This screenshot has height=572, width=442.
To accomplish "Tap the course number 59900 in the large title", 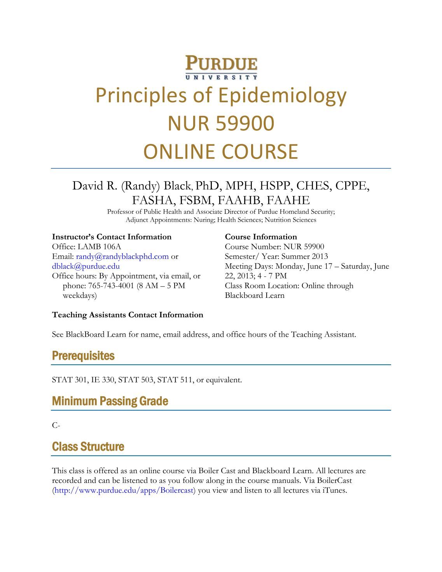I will [245, 123].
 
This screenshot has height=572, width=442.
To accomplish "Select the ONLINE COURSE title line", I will [221, 151].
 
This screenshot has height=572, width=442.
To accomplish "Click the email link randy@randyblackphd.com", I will [122, 256].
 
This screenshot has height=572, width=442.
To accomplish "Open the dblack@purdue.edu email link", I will [86, 266].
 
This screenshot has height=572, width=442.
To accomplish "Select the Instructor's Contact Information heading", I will [112, 237].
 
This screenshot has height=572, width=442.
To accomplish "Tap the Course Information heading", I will [261, 237].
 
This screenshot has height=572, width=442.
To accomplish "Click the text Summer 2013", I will [304, 256].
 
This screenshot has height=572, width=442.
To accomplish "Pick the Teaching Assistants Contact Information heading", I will [128, 315].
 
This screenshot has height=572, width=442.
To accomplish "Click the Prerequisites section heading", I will [83, 356].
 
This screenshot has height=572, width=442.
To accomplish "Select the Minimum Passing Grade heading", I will [110, 401].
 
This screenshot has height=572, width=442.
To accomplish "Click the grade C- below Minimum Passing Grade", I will [56, 425].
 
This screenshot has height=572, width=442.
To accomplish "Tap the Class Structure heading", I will [88, 446].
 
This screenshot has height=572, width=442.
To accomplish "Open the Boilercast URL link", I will [124, 490].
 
